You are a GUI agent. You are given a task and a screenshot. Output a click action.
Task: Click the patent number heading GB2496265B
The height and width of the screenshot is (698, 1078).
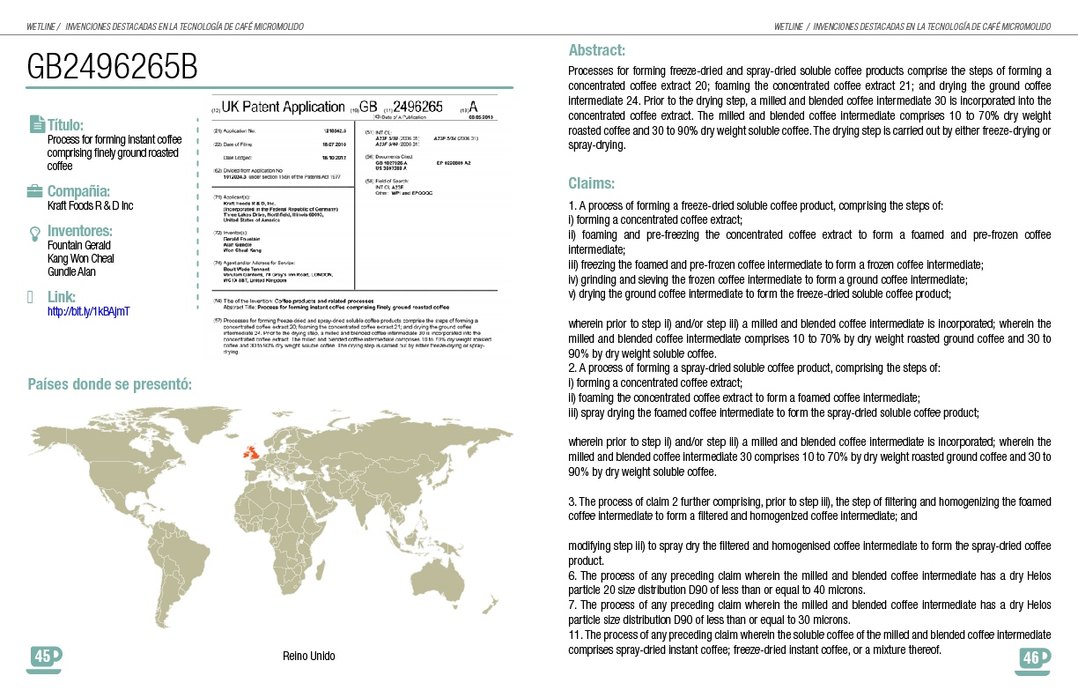[x=113, y=68]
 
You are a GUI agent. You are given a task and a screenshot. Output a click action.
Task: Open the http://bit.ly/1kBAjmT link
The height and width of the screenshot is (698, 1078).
[x=88, y=311]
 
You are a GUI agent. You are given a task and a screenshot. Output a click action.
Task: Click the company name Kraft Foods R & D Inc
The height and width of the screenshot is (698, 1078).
[x=90, y=205]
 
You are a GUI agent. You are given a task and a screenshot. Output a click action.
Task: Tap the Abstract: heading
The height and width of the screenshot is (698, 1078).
[x=596, y=50]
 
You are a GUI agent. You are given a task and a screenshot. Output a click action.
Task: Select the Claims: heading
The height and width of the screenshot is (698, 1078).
[x=591, y=183]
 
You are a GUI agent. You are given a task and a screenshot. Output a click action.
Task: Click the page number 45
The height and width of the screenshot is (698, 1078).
[x=41, y=656]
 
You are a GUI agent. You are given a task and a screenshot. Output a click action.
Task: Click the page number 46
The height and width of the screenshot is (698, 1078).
[x=1030, y=657]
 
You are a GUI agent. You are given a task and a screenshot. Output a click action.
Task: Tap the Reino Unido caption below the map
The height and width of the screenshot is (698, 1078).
[x=308, y=657]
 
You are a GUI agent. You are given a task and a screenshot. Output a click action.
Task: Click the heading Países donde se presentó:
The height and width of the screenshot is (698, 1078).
[x=110, y=384]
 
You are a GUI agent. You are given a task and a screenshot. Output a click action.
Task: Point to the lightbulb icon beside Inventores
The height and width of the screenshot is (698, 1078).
[x=35, y=233]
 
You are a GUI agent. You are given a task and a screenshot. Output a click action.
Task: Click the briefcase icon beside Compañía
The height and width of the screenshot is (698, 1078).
[x=35, y=191]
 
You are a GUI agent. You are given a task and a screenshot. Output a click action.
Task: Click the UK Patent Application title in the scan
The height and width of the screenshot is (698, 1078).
[x=283, y=108]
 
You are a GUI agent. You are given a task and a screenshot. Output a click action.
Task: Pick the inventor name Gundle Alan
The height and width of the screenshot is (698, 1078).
[x=71, y=271]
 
